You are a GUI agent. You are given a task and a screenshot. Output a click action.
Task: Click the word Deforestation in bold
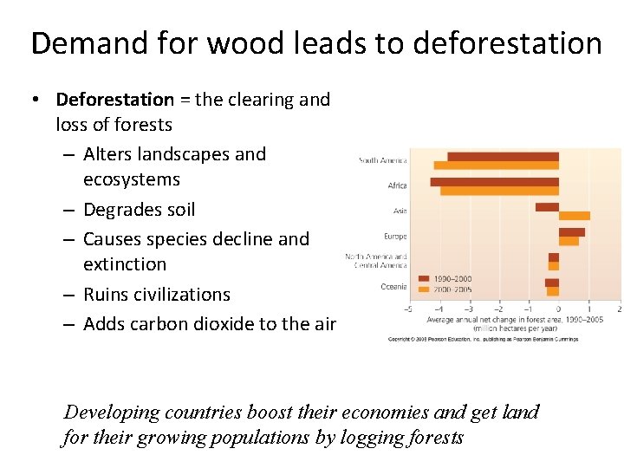click(115, 100)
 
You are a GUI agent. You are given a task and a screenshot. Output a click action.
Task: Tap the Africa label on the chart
click(396, 185)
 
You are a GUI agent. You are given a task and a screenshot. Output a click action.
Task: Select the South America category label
click(382, 160)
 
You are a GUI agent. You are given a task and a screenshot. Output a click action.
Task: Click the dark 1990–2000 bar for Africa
click(494, 182)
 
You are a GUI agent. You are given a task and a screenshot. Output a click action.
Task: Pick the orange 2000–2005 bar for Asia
click(574, 216)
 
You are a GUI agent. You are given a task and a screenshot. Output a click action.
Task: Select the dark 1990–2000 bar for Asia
click(547, 207)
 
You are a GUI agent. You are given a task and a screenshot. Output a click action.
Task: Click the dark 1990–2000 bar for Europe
click(571, 232)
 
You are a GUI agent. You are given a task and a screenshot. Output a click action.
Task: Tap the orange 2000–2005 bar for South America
click(496, 166)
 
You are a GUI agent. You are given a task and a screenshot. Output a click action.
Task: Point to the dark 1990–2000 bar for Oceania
click(551, 283)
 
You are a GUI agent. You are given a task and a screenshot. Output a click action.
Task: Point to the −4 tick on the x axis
click(439, 309)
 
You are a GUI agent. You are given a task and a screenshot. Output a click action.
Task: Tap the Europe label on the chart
click(395, 236)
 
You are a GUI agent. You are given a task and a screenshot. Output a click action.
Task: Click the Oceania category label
click(393, 287)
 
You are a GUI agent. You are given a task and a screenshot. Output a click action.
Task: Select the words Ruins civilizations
click(157, 295)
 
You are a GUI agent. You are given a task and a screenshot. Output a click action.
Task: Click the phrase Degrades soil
click(140, 210)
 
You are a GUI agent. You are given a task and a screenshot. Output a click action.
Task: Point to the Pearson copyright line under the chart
click(483, 339)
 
